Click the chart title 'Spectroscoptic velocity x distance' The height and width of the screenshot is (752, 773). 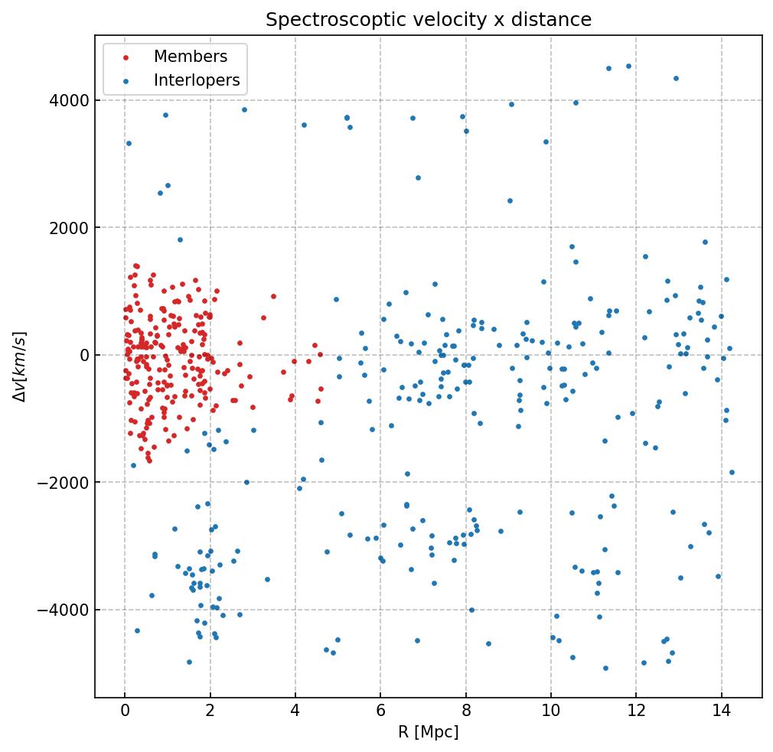coord(429,20)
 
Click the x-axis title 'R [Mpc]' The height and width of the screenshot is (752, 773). coord(429,732)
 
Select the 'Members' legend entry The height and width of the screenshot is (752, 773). coord(191,57)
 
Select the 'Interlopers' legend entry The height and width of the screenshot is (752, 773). coord(197,80)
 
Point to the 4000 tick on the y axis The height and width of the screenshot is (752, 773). coord(70,101)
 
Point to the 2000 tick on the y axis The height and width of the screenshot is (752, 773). coord(70,228)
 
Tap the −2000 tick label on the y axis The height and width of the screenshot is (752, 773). coord(67,483)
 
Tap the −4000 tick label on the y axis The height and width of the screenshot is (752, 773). coord(67,610)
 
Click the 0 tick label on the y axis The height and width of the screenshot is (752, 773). coord(83,356)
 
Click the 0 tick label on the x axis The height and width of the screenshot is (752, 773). coord(125,711)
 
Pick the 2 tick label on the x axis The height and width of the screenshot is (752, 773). coord(210,711)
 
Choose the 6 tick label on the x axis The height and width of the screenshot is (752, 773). coord(380,711)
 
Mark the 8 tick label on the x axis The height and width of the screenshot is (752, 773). coord(465,711)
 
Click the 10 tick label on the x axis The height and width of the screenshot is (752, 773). coord(551,711)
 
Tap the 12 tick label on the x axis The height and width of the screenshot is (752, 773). coord(636,711)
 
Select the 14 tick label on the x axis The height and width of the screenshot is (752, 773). coord(721,711)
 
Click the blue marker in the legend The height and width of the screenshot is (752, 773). coord(126,81)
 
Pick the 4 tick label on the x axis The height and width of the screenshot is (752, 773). coord(295,711)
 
